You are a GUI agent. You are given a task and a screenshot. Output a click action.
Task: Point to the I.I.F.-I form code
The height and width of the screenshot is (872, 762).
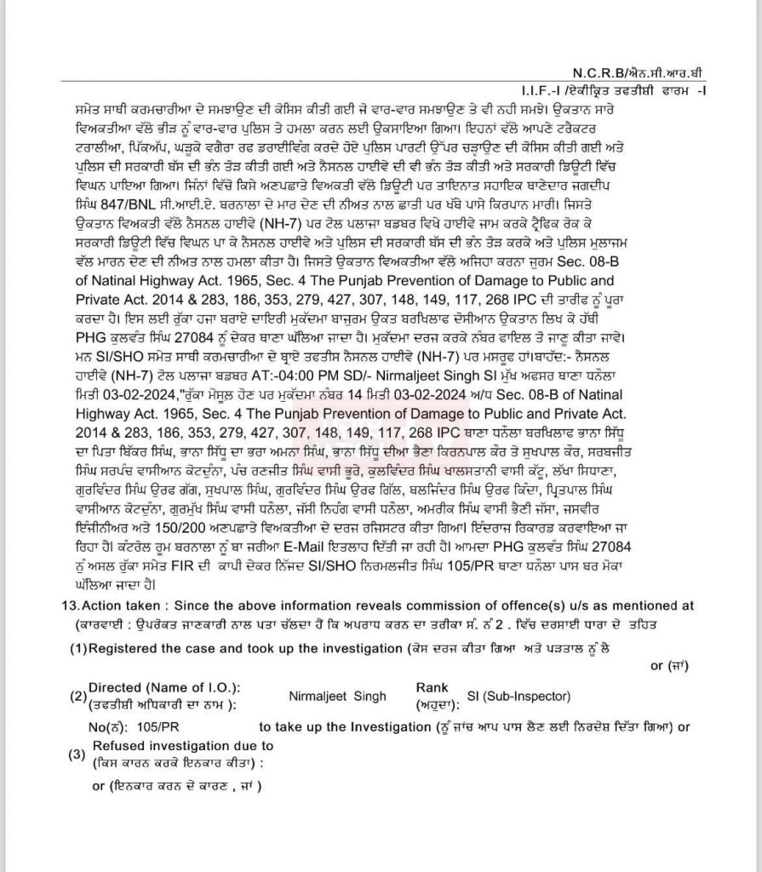[545, 90]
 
